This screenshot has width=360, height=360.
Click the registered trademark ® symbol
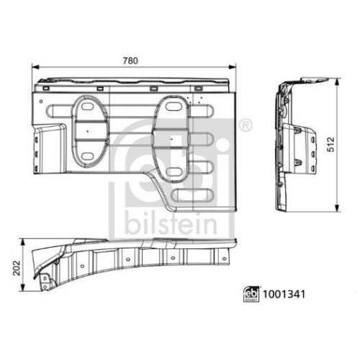244,125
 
